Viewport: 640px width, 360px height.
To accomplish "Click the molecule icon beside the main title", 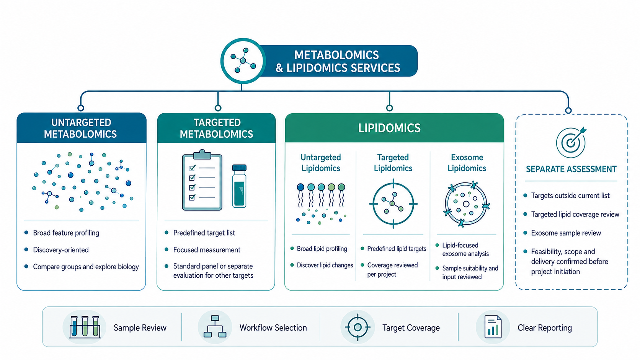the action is tap(243, 60).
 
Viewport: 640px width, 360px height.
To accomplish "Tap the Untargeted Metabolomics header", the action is tap(80, 128).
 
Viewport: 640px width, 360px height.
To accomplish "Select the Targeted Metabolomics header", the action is tap(217, 128).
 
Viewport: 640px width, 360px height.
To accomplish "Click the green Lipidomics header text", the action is tap(389, 128).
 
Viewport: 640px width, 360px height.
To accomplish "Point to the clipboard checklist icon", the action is tap(202, 180).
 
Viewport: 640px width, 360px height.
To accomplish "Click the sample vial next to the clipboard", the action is tap(239, 186).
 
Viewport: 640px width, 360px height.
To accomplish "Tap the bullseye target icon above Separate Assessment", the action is tap(571, 142).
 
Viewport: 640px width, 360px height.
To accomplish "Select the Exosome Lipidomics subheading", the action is tap(467, 163).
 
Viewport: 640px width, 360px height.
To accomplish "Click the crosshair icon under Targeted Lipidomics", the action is tap(393, 204).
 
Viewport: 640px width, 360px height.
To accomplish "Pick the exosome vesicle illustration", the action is tap(466, 204).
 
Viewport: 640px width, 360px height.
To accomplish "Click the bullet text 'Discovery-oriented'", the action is tap(61, 250).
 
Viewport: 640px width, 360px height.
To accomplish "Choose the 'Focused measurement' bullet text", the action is tap(207, 250).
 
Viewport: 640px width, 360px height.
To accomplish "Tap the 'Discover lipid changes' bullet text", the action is tap(325, 265).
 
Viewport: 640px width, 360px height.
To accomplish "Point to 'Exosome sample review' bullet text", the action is tap(566, 233).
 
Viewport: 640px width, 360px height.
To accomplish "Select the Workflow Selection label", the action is tap(273, 327).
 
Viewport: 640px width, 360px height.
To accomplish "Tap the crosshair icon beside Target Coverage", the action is tap(358, 327).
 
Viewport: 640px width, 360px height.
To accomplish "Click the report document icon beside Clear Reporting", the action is tap(493, 327).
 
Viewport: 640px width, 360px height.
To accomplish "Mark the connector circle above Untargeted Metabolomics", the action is tap(80, 108).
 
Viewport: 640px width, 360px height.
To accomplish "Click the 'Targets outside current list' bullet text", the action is tap(570, 195).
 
